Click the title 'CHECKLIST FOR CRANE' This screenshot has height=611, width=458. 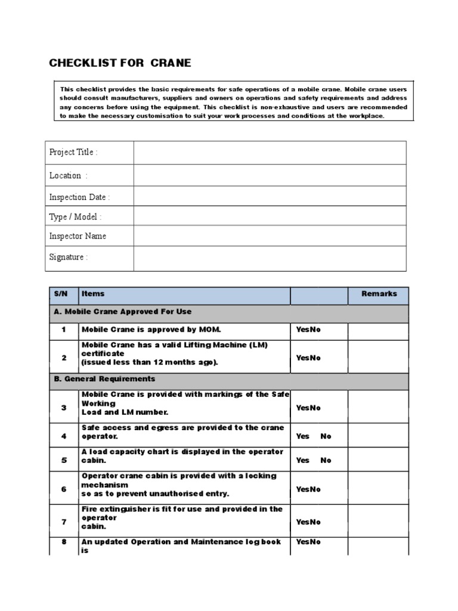(x=120, y=64)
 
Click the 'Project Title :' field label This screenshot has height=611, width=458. (x=73, y=152)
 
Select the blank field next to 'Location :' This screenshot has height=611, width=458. (x=270, y=175)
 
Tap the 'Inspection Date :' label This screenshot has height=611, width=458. (x=79, y=197)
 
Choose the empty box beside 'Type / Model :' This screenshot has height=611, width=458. (x=270, y=217)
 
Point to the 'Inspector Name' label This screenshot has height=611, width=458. (x=78, y=236)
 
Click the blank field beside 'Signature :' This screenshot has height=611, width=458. (x=270, y=258)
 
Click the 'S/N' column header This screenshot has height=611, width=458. (x=61, y=294)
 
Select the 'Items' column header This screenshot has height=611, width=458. (x=93, y=294)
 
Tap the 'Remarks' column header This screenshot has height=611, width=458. (x=379, y=294)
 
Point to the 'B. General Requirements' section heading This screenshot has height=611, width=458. (x=104, y=379)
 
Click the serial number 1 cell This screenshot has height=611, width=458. (x=63, y=330)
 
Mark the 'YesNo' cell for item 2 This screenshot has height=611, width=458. (x=308, y=358)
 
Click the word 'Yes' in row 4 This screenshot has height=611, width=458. (x=303, y=436)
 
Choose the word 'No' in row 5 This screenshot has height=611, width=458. (x=326, y=461)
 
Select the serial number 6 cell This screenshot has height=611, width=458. (x=63, y=489)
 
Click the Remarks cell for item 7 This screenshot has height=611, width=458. (x=378, y=521)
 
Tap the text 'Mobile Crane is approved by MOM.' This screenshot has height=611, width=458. (x=147, y=329)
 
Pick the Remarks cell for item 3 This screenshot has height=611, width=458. (x=378, y=408)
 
